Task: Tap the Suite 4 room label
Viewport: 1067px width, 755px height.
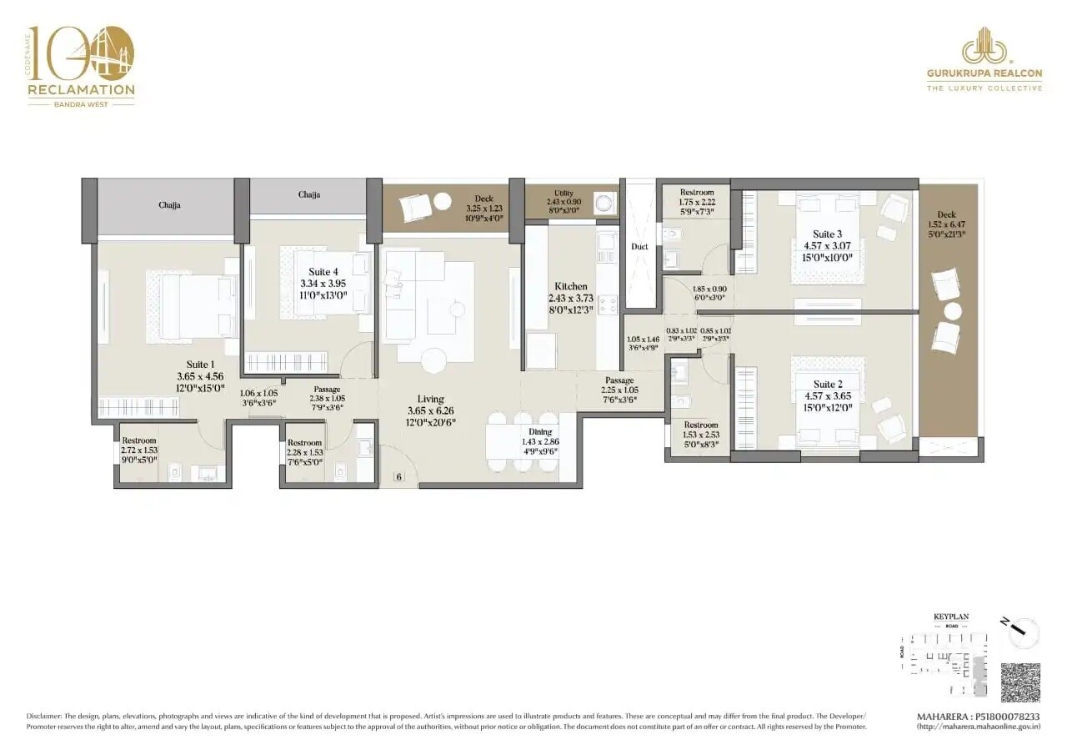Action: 323,272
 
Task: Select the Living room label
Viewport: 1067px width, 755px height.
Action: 430,399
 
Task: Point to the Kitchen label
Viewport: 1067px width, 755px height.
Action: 570,286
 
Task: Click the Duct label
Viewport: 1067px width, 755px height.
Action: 639,246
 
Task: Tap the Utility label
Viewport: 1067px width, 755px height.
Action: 564,194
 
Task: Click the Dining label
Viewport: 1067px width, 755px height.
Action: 539,432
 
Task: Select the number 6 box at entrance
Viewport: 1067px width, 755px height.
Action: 399,476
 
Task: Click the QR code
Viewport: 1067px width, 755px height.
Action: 1020,683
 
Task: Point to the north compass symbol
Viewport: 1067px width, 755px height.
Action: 1023,632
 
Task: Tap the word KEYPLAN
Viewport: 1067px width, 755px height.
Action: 950,617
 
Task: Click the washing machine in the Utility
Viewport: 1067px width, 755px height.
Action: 604,203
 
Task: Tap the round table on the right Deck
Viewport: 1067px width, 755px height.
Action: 953,311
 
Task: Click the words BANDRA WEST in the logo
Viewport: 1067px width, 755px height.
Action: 81,104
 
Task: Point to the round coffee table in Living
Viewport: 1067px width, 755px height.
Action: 433,360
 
